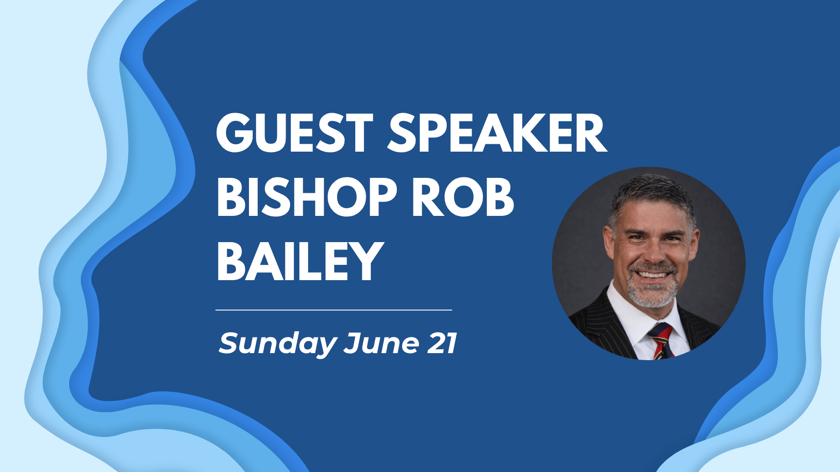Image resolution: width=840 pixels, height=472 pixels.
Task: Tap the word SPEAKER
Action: click(x=497, y=133)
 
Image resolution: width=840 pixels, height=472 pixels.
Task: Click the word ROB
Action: click(x=463, y=198)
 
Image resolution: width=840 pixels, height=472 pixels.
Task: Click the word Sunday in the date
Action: click(x=277, y=344)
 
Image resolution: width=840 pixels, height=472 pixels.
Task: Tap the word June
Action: click(x=382, y=344)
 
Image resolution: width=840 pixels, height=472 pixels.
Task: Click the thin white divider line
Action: click(x=333, y=310)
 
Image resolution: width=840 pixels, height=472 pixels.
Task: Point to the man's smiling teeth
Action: click(x=652, y=275)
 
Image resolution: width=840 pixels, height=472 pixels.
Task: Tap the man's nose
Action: click(x=651, y=253)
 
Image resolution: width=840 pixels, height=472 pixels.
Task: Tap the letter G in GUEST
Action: click(x=236, y=133)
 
